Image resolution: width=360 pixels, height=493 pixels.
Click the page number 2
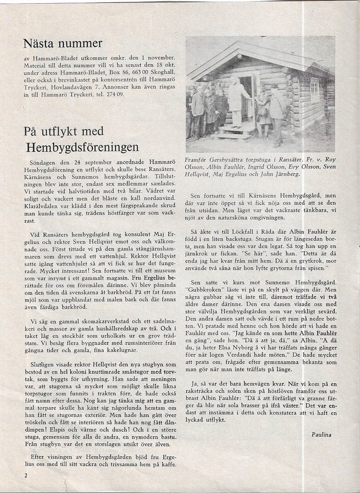[x=25, y=474]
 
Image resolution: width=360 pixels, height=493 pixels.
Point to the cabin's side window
[x=315, y=89]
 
